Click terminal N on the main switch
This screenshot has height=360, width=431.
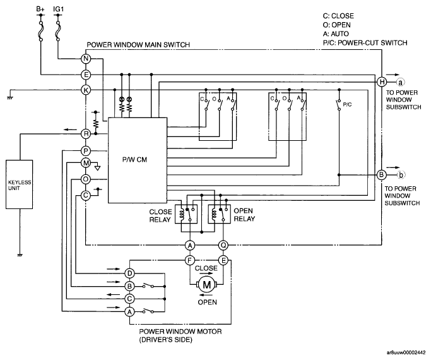pos(86,59)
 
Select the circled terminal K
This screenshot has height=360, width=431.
pos(86,90)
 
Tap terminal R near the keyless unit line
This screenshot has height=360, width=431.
pos(86,134)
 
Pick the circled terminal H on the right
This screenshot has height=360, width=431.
pos(382,82)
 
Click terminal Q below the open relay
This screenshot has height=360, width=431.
pos(223,245)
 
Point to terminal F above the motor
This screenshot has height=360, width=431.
pos(190,260)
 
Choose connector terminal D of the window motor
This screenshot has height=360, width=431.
pos(129,273)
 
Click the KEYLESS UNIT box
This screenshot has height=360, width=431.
pos(19,184)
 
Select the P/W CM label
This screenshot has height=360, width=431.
pos(134,160)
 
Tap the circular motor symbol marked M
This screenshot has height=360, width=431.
pos(207,285)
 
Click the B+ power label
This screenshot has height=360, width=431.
pos(40,9)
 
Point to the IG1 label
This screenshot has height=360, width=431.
pos(58,9)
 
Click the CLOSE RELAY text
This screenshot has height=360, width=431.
pos(160,215)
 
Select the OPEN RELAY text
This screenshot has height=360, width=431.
pos(244,215)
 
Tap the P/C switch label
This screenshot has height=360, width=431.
pos(348,104)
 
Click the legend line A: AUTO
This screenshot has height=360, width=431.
pos(336,34)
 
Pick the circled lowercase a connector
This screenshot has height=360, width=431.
pos(401,82)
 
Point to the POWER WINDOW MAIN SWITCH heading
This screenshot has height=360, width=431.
pos(138,45)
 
